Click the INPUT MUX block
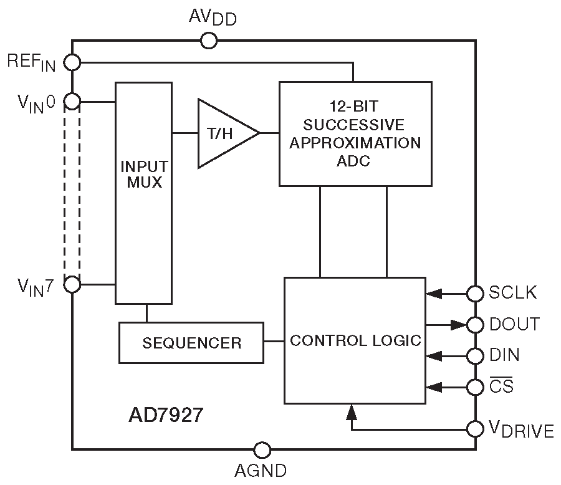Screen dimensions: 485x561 [144, 193]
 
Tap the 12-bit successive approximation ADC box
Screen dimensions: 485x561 [355, 133]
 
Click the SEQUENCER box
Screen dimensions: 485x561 [191, 342]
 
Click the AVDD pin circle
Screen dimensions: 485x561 [209, 41]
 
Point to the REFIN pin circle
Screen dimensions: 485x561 [73, 62]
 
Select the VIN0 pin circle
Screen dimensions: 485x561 [73, 101]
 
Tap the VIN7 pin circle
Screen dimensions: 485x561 [73, 285]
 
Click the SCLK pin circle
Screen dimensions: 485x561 [476, 292]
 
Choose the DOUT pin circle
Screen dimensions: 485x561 [476, 324]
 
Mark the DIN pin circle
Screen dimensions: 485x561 [476, 355]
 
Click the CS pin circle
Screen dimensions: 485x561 [476, 387]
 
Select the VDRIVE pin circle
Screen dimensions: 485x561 [476, 429]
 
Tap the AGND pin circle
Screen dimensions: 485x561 [262, 449]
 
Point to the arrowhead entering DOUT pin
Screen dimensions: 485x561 [459, 324]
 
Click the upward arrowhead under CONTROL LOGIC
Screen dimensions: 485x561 [352, 411]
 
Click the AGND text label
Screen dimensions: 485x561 [261, 471]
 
